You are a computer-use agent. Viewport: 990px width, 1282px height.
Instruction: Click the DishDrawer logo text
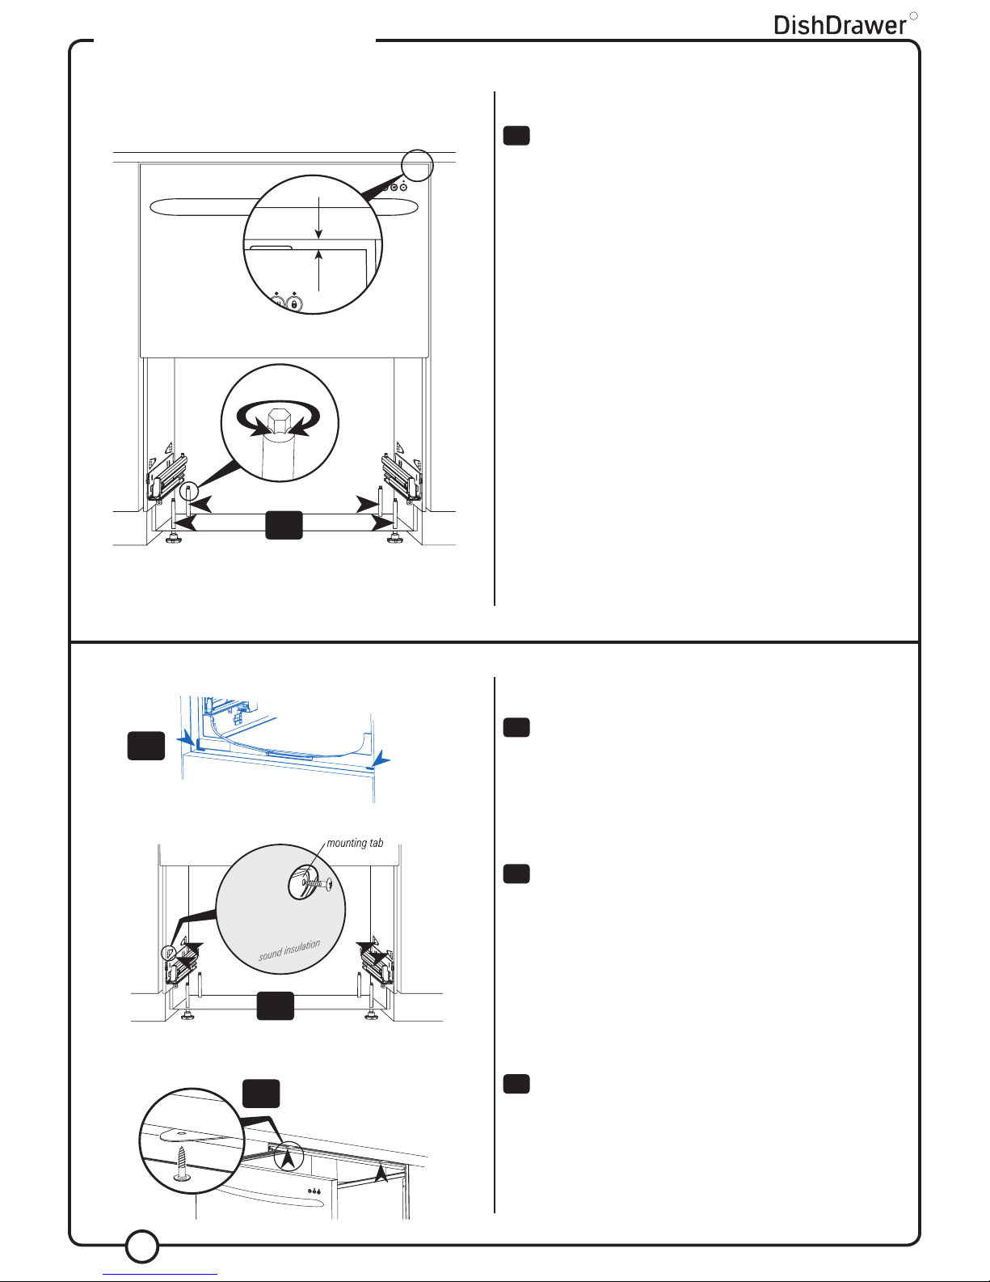coord(840,25)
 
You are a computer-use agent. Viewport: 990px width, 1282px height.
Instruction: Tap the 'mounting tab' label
coord(355,843)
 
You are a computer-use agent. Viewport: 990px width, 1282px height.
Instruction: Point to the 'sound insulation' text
coord(289,950)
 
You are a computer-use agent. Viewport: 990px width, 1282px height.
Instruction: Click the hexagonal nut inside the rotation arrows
coord(279,420)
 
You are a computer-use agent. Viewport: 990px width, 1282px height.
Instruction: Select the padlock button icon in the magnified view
coord(294,304)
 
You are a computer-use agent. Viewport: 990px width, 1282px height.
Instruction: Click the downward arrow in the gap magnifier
coord(318,218)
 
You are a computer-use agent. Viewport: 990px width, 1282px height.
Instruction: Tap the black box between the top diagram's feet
coord(284,525)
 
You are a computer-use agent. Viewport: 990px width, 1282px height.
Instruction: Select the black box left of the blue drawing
coord(146,747)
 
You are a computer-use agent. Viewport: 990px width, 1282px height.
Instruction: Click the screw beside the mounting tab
coord(317,884)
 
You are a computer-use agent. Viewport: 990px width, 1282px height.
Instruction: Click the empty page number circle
coord(142,1246)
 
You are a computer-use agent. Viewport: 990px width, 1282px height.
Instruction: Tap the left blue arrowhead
coord(187,737)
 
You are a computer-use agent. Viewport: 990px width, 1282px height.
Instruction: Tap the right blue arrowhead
coord(381,759)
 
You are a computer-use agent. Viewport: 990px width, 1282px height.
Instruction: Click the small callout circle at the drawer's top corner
coord(417,165)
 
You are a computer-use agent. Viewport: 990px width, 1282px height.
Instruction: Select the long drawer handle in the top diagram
coord(284,207)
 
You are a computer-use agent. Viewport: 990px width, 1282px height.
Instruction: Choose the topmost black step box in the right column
coord(516,136)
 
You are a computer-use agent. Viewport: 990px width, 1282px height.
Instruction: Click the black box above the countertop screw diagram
coord(261,1094)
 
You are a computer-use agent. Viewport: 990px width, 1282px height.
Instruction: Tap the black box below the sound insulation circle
coord(276,1006)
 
